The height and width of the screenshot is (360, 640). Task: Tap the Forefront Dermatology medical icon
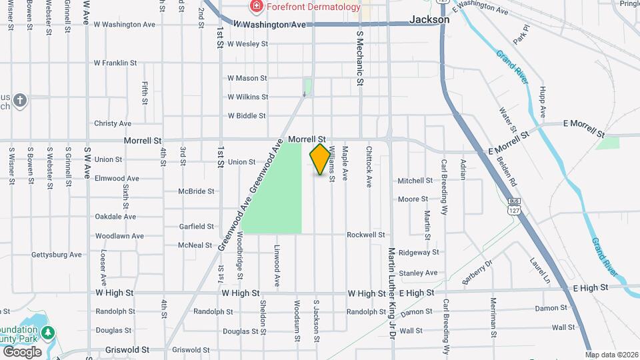pos(255,7)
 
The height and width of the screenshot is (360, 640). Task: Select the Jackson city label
pos(429,20)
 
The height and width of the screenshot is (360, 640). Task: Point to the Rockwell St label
pos(366,235)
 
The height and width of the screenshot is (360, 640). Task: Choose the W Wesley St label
pos(247,44)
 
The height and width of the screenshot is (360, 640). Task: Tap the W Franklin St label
pos(115,63)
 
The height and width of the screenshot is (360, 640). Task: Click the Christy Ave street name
pos(113,123)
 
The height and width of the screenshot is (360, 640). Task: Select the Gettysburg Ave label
pos(57,255)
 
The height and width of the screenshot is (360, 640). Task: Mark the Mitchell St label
pos(415,181)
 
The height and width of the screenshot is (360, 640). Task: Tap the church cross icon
pos(20,100)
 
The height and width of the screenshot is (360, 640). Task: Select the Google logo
pos(22,351)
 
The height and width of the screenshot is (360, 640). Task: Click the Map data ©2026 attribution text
pos(611,354)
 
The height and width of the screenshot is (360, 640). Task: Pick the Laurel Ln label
pos(539,270)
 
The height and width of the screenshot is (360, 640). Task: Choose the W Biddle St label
pos(247,115)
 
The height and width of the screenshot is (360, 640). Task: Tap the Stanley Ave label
pos(418,273)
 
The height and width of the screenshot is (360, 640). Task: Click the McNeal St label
pos(195,245)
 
